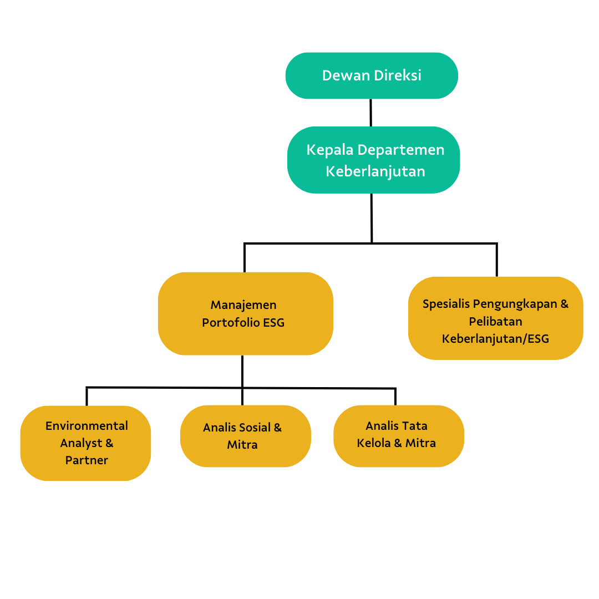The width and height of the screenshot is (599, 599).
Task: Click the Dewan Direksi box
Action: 372,75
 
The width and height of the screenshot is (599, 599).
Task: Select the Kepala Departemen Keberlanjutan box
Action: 374,160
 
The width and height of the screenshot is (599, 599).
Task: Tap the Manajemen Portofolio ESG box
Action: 246,313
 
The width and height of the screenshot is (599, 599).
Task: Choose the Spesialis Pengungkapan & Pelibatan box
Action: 495,318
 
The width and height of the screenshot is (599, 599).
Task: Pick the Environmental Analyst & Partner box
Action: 85,443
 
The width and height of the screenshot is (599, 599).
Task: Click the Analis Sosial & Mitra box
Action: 246,436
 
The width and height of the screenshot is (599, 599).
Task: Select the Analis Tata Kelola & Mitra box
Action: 399,436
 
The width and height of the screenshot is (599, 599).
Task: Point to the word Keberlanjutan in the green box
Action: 375,171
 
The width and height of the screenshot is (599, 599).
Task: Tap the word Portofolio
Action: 231,322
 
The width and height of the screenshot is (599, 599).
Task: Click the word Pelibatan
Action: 495,321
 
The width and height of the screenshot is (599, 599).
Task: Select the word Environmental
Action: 87,425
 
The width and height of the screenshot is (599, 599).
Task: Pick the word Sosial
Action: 252,427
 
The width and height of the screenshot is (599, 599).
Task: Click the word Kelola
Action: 374,443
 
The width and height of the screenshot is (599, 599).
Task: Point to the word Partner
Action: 87,460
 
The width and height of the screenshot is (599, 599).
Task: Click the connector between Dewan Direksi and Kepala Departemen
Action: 370,113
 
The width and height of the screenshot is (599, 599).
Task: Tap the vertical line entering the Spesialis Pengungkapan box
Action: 496,260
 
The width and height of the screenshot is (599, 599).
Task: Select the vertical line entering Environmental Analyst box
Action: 87,397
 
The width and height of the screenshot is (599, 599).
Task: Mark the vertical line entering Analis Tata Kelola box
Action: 395,397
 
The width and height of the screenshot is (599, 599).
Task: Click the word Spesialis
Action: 446,304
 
